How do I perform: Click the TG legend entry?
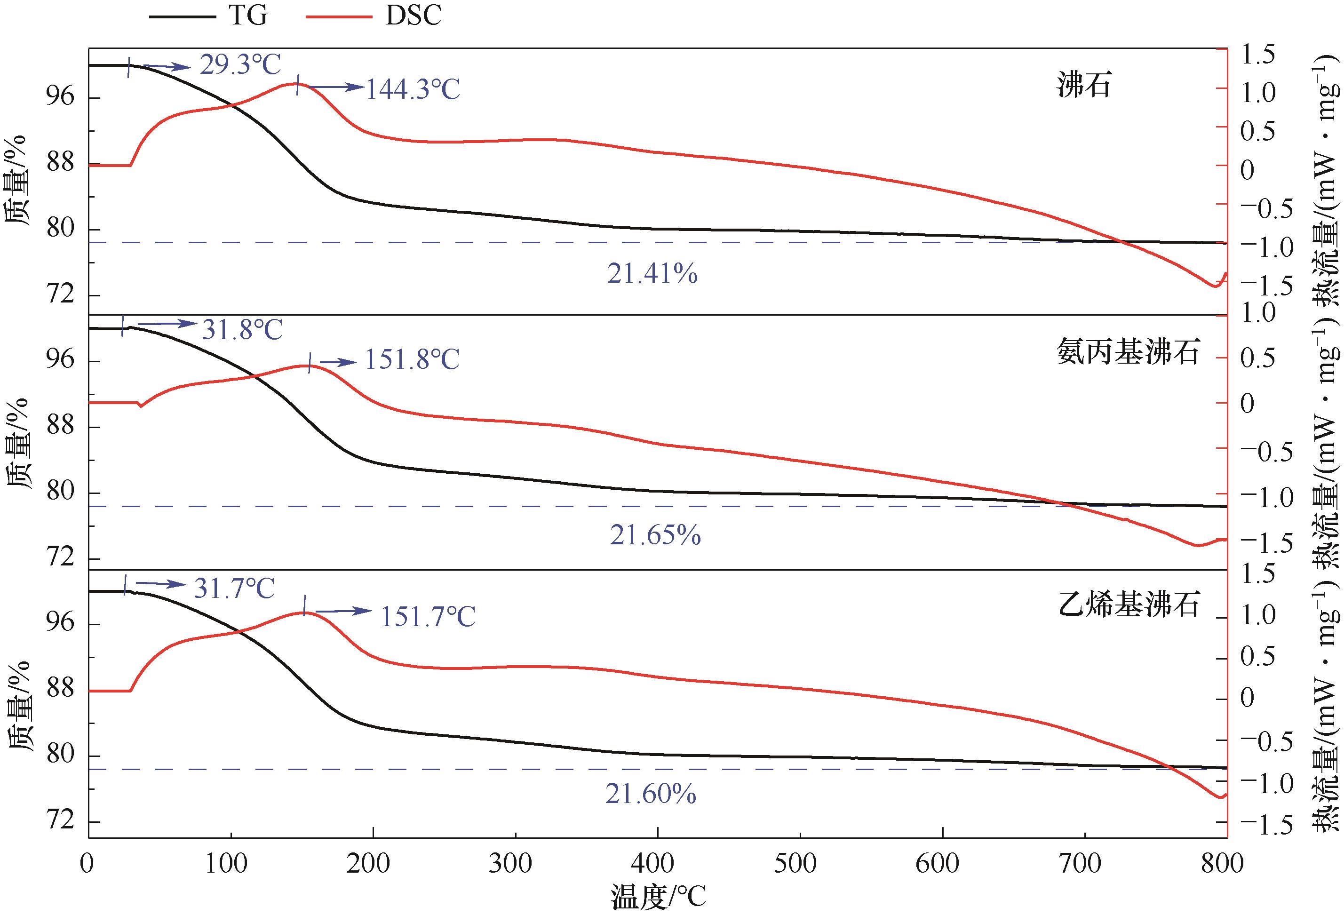coord(208,16)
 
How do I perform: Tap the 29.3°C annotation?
coord(240,65)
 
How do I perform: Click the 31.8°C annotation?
coord(242,330)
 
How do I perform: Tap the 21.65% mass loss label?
coord(655,535)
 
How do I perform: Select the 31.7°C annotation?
coord(234,588)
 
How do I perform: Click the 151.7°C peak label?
coord(427,617)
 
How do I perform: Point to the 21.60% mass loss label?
coord(651,794)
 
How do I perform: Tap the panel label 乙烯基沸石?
coord(1127,603)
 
